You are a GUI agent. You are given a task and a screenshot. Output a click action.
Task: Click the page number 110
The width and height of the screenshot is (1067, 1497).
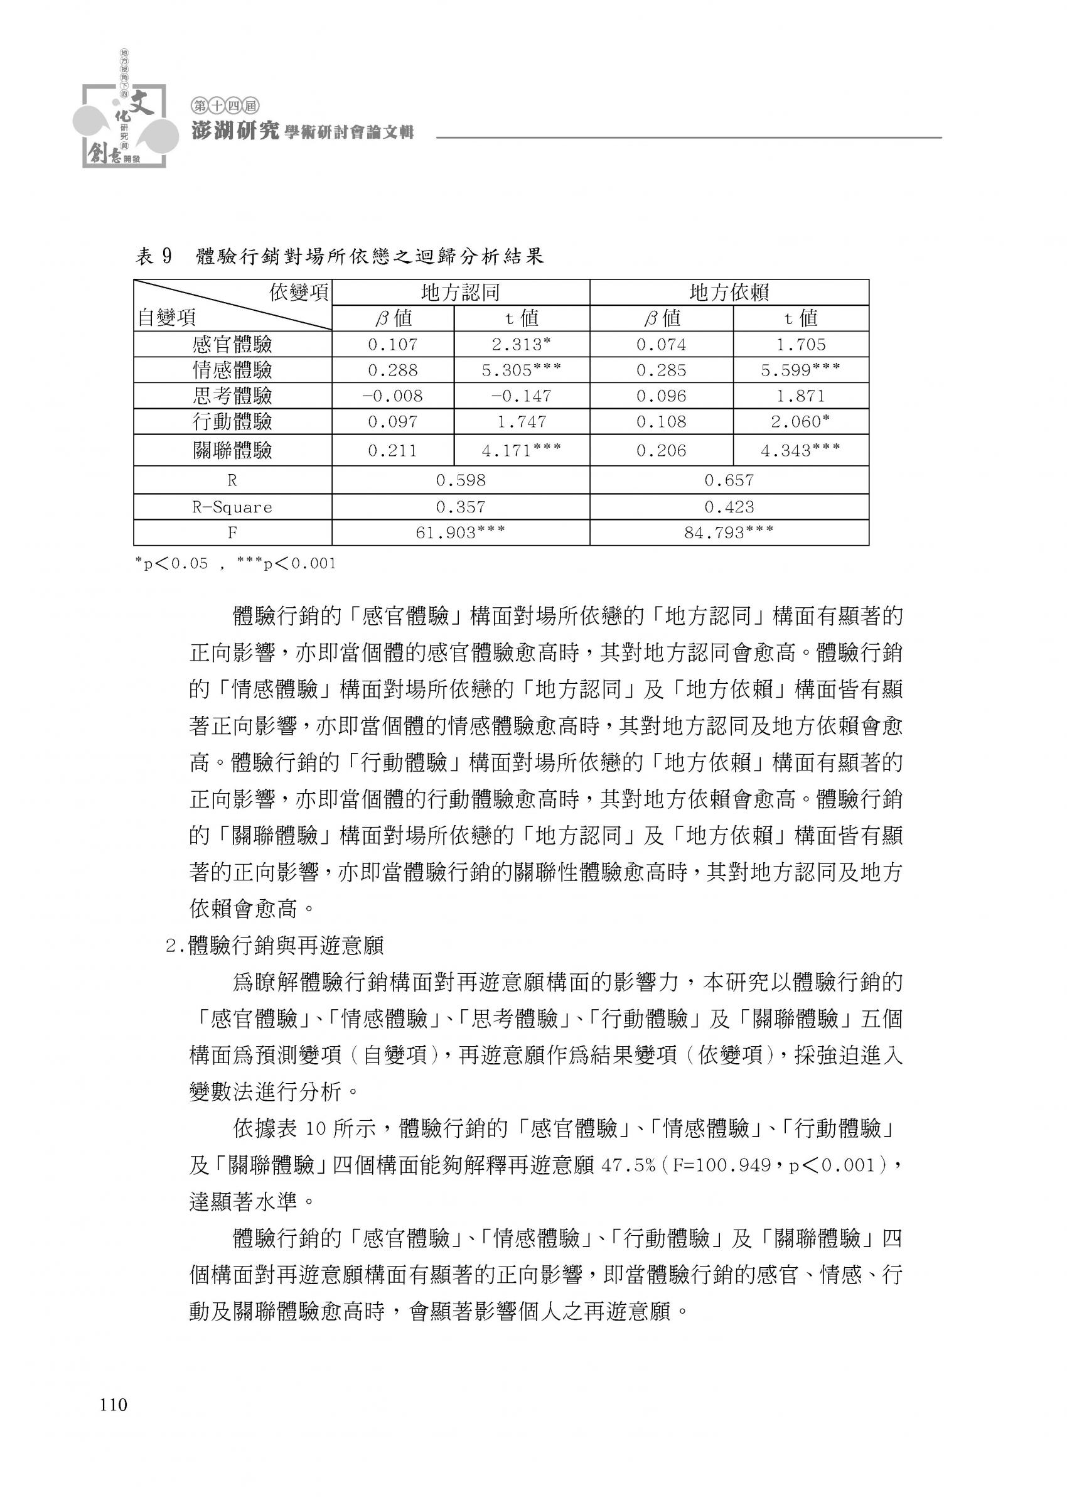113,1405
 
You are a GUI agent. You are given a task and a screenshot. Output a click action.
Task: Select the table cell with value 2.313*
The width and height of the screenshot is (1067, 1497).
521,344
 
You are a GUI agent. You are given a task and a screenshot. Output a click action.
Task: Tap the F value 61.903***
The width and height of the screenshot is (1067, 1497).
461,533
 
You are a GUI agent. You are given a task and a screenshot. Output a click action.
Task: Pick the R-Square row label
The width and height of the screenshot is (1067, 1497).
232,507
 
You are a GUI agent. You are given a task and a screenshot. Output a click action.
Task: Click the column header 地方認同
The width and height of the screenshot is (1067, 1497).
461,293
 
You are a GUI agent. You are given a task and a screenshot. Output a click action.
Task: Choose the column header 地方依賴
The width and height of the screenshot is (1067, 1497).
729,293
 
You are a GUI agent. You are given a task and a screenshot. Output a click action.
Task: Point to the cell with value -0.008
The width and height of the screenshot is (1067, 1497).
393,396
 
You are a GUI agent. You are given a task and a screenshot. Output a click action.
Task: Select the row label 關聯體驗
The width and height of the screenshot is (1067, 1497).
232,451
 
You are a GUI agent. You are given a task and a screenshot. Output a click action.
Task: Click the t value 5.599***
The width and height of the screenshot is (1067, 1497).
800,370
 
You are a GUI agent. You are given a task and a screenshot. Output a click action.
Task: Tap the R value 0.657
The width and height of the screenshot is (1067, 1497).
729,480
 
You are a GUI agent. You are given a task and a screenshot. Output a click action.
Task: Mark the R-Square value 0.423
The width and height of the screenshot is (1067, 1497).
729,507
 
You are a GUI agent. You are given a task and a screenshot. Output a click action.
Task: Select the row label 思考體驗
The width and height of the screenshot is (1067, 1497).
232,396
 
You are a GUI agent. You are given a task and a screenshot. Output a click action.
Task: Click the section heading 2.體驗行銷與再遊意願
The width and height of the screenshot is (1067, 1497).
276,946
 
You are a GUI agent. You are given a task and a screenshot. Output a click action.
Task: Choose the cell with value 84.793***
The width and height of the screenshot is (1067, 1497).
729,533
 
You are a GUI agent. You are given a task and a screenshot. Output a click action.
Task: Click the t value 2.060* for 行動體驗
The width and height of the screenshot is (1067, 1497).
800,422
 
